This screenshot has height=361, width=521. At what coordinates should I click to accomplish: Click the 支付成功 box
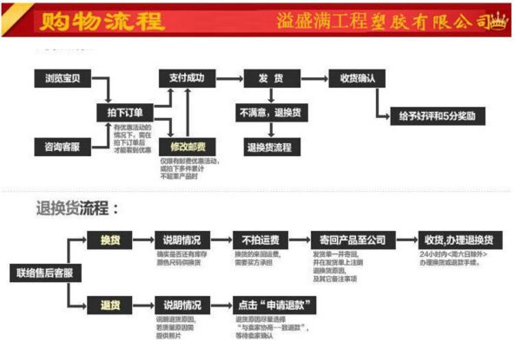(x=187, y=78)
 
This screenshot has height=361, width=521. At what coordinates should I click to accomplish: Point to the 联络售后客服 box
(x=44, y=272)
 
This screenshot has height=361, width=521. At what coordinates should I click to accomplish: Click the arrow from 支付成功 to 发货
(x=228, y=78)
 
